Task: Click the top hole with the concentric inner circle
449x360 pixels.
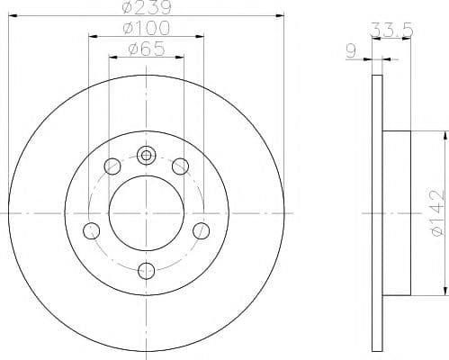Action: tap(147, 156)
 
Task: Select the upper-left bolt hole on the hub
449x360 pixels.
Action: tap(113, 166)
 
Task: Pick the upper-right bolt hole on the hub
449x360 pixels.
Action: tap(180, 166)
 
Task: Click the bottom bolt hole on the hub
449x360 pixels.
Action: tap(147, 268)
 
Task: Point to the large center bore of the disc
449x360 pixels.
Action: tap(147, 212)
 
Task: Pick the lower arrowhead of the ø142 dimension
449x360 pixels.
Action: tap(444, 290)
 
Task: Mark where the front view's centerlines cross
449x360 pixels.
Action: tap(147, 212)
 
